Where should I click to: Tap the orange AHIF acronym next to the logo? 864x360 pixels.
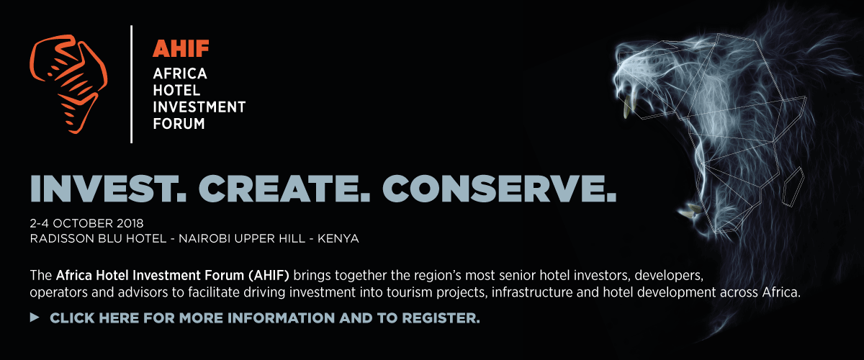pos(181,49)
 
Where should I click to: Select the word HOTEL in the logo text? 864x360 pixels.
pos(176,90)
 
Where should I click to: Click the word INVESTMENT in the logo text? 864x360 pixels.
pos(199,107)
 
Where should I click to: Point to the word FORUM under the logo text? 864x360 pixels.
pos(179,124)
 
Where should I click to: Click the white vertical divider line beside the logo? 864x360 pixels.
pos(132,84)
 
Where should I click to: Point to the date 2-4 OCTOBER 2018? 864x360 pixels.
pos(87,223)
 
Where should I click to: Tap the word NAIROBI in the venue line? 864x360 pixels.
pos(204,238)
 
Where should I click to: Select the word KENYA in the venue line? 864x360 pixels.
pos(338,238)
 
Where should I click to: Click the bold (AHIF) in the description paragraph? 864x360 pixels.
pos(269,276)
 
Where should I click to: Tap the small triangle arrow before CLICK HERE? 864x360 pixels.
pos(35,318)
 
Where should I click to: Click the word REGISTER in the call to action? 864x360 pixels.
pos(441,318)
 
